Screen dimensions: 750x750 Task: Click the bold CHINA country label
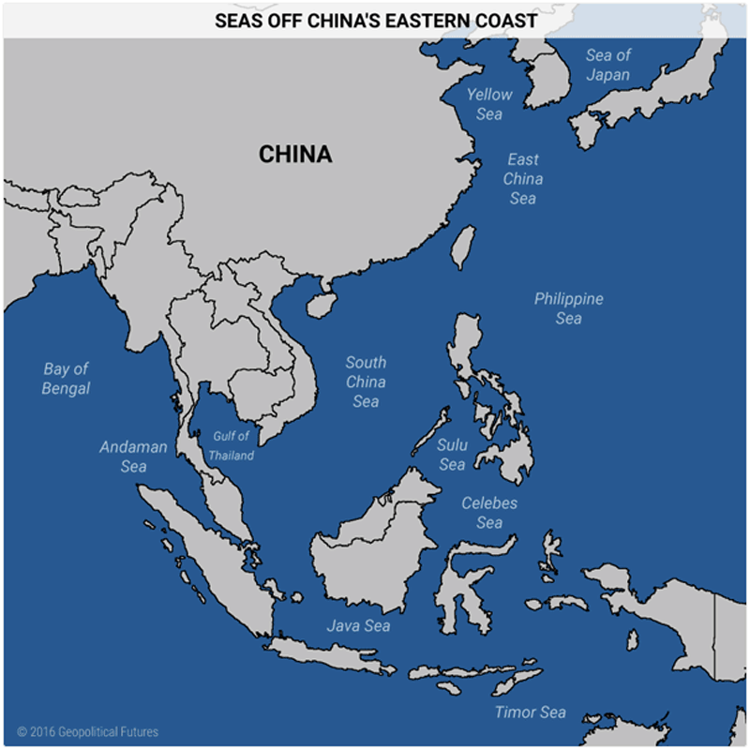[x=295, y=154]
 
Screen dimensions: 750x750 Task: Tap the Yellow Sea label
[x=489, y=103]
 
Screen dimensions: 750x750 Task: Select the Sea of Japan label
[x=608, y=65]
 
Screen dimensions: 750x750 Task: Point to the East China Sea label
[x=523, y=178]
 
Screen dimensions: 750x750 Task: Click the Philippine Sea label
[x=568, y=308]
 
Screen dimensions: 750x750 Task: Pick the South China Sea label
[x=366, y=382]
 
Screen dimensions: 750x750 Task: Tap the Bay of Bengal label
[x=66, y=378]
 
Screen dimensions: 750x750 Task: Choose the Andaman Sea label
[x=133, y=456]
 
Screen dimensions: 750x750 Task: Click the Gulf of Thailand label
[x=231, y=445]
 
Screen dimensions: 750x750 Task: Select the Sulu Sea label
[x=452, y=455]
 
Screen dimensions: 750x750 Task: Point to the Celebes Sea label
[x=488, y=513]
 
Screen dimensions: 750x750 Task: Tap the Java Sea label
[x=358, y=625]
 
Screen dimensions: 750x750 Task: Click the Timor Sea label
[x=531, y=712]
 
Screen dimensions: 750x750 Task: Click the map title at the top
[x=375, y=19]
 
